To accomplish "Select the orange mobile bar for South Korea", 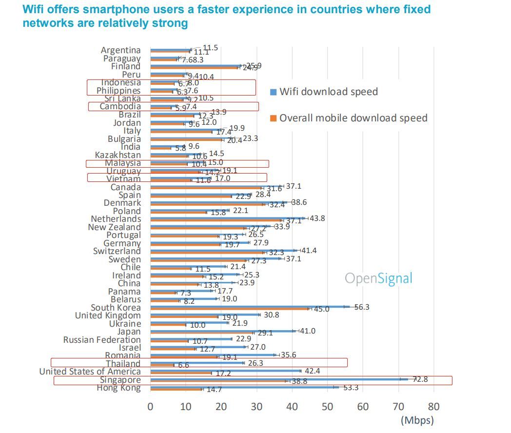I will pyautogui.click(x=229, y=309).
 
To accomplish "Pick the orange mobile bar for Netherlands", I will pyautogui.click(x=215, y=220).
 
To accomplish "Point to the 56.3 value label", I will pyautogui.click(x=361, y=307).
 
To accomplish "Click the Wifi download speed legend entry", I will pyautogui.click(x=328, y=92).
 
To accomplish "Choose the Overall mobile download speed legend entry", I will pyautogui.click(x=353, y=118).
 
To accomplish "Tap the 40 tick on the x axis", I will pyautogui.click(x=292, y=406).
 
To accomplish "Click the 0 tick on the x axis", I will pyautogui.click(x=151, y=406).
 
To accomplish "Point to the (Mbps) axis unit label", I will pyautogui.click(x=417, y=420).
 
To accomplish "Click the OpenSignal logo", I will pyautogui.click(x=378, y=278).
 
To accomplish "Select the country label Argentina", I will pyautogui.click(x=120, y=50).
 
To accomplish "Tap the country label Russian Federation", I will pyautogui.click(x=102, y=339).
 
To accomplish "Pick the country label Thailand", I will pyautogui.click(x=123, y=364).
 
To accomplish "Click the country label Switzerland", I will pyautogui.click(x=117, y=251).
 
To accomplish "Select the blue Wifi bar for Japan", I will pyautogui.click(x=222, y=331).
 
